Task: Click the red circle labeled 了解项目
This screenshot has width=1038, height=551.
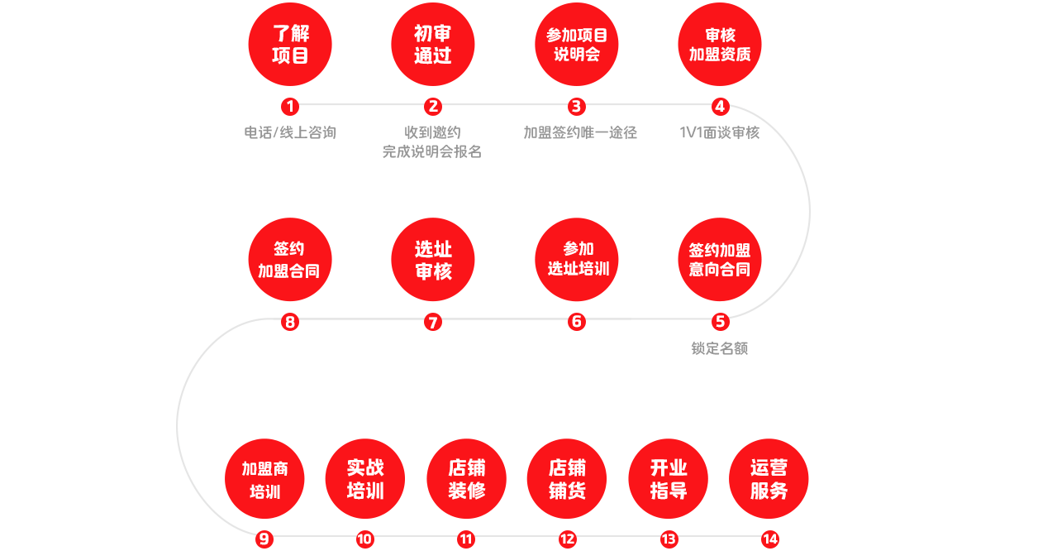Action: tap(290, 45)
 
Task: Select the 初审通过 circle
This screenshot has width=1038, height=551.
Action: tap(433, 45)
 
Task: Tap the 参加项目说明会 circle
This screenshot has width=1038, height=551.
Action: tap(577, 45)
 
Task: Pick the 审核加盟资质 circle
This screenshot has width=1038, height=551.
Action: tap(720, 45)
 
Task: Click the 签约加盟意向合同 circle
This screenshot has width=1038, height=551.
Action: tap(720, 259)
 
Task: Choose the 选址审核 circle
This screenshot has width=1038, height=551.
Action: tap(433, 259)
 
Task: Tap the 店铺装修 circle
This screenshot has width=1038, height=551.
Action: tap(467, 479)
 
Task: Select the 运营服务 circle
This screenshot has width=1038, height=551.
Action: tap(769, 479)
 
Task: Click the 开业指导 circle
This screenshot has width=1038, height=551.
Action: tap(669, 479)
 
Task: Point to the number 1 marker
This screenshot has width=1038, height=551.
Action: tap(289, 106)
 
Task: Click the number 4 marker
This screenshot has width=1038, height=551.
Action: tap(720, 106)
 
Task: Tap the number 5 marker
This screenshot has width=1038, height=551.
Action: tap(720, 322)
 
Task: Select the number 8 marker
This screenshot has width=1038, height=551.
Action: tap(289, 322)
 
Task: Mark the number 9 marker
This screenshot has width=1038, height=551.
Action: tap(264, 539)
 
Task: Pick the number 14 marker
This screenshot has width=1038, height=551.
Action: tap(769, 539)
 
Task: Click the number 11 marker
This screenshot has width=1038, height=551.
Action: tap(466, 539)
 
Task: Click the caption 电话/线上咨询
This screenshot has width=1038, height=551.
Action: tap(290, 132)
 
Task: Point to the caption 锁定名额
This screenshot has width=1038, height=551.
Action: tap(720, 348)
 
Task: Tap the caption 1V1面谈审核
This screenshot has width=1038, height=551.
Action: tap(720, 132)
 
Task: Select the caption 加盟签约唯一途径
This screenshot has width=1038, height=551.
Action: tap(580, 132)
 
